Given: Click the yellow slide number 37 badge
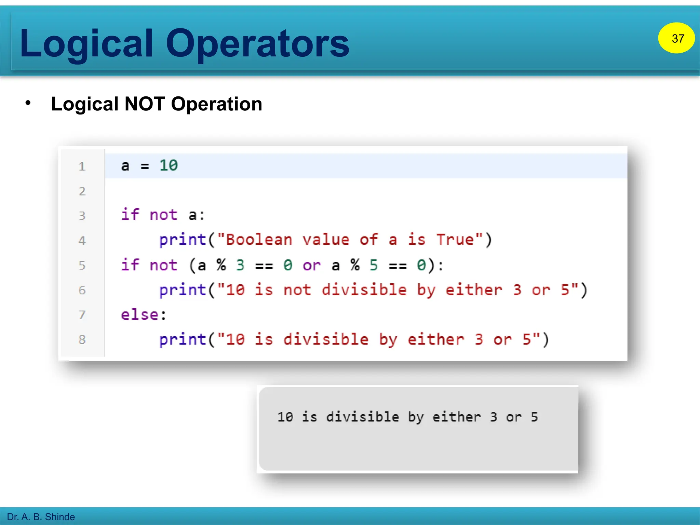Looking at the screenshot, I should pos(676,38).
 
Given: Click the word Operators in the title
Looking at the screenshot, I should pos(258,43).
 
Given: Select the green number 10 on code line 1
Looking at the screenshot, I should pos(169,165).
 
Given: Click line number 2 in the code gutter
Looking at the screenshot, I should pos(82,191).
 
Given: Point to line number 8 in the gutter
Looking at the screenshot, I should pos(82,339).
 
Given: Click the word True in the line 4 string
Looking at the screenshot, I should pos(455,240).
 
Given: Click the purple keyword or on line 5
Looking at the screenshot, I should pos(312,265).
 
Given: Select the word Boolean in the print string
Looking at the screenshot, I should pos(259,240).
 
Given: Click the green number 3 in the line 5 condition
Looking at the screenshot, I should pos(240,265).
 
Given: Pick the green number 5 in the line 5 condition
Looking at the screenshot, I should pos(374,265).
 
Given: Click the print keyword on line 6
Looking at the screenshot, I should pos(183,290).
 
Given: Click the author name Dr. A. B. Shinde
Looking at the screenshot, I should pos(41,517).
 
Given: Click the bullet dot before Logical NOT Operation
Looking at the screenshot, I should pos(28,103).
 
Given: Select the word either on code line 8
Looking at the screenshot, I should pos(435,339).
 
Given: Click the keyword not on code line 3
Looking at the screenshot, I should pos(163,215).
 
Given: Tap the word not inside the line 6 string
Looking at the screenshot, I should pos(297,290).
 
